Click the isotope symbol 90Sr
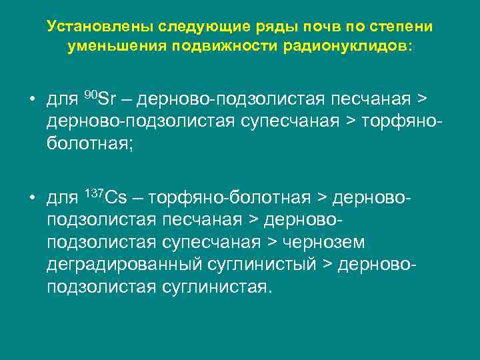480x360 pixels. tap(101, 100)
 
